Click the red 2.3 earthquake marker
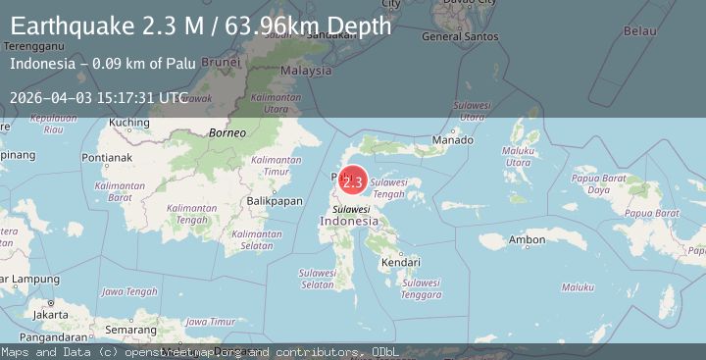353,181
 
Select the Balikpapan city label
274,200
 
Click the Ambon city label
527,240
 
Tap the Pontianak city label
107,157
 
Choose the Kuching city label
129,123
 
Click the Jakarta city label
49,315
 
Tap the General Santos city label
459,37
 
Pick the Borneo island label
227,131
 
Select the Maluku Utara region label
519,156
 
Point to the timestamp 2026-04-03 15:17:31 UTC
98,97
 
